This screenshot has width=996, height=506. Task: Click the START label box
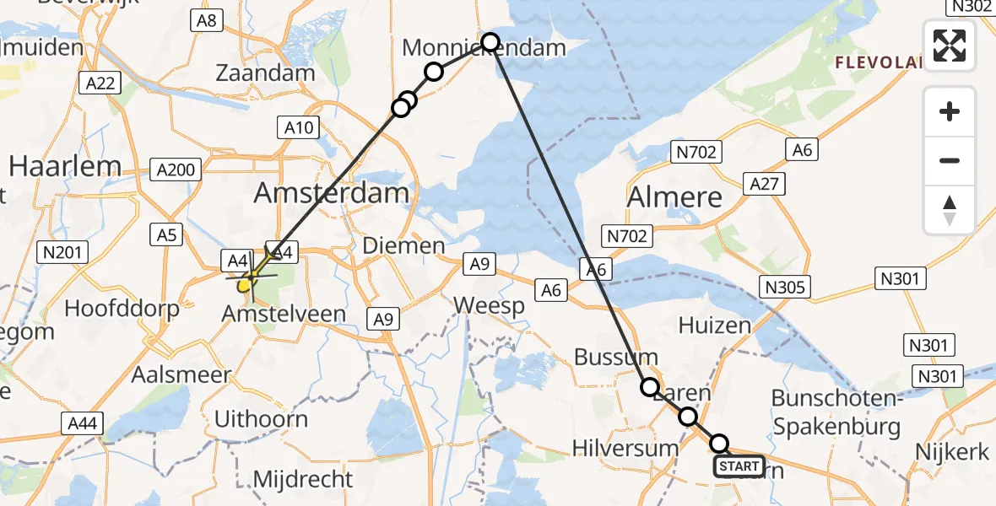click(x=739, y=466)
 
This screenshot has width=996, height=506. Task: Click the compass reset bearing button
click(x=950, y=210)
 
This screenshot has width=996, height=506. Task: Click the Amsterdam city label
click(x=332, y=193)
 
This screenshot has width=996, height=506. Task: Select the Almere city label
click(x=674, y=197)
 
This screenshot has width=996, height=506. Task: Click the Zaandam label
click(x=265, y=73)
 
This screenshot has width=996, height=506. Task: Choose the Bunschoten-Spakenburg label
click(x=836, y=412)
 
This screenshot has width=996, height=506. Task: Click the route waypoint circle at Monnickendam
click(x=490, y=41)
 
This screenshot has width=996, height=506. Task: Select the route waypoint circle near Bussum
click(x=649, y=387)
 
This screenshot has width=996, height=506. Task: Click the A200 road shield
click(x=176, y=170)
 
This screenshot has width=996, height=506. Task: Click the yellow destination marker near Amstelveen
click(x=244, y=285)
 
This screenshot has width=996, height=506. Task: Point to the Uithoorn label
click(x=261, y=419)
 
